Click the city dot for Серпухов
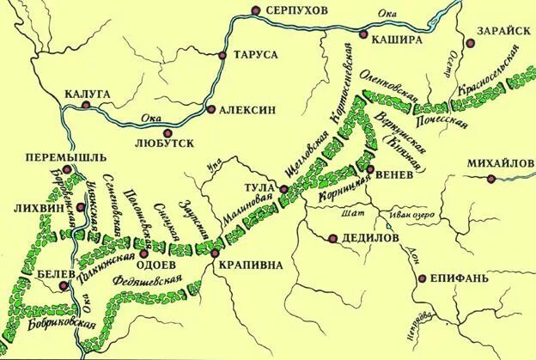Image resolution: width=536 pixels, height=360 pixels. coord(255,10)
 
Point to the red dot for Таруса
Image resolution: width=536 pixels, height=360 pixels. coord(222,55)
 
